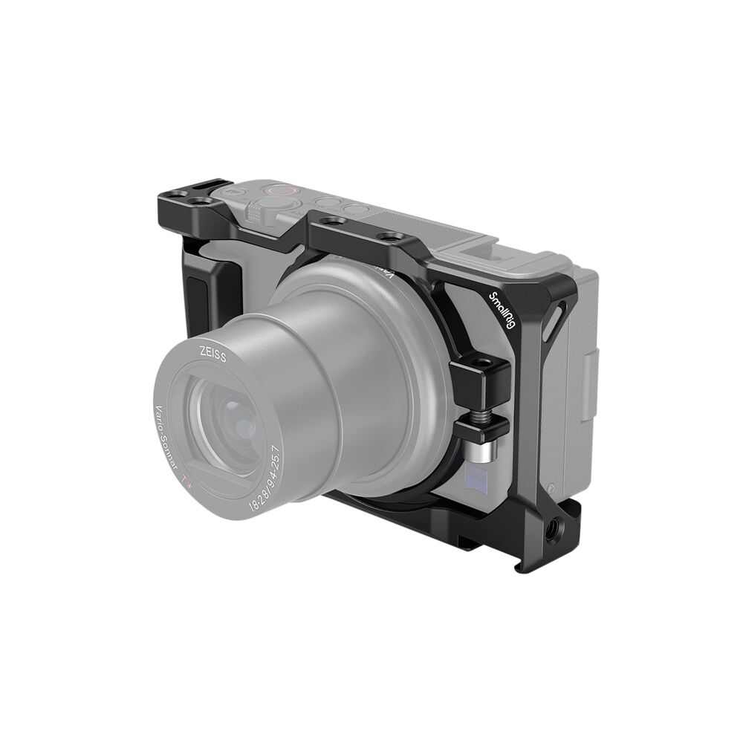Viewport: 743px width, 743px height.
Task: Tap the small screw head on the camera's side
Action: [x=552, y=488]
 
